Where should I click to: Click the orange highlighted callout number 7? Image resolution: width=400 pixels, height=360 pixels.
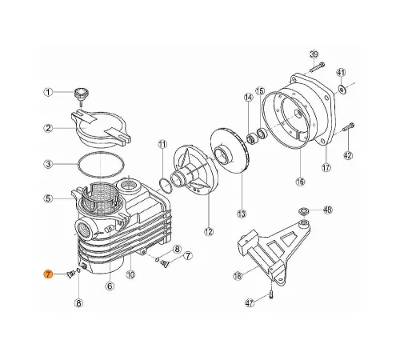click(48, 274)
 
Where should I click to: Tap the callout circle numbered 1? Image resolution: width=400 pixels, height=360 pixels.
click(48, 93)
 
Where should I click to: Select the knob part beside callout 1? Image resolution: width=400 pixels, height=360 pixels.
click(82, 94)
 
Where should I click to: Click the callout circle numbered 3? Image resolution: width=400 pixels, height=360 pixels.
click(48, 164)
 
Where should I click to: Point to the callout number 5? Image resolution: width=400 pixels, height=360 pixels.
click(48, 198)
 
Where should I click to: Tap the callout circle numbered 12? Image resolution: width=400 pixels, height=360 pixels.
click(209, 231)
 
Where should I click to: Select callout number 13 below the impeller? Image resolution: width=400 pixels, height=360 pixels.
click(242, 214)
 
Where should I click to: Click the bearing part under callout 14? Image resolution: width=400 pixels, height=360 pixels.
click(250, 139)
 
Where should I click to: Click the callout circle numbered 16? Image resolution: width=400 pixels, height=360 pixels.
click(300, 182)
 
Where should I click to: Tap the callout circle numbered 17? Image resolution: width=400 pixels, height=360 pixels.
click(326, 168)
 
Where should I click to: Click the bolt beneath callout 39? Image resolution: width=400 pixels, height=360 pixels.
click(317, 67)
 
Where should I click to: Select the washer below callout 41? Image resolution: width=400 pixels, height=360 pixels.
click(342, 89)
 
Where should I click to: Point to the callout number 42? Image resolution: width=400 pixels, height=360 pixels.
click(348, 155)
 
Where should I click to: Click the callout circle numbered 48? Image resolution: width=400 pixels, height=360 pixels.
click(327, 210)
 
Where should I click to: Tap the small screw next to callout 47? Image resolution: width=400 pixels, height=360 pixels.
click(271, 295)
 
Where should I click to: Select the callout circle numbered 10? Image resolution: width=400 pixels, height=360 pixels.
click(130, 274)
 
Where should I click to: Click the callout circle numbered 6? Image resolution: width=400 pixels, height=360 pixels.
click(110, 286)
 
